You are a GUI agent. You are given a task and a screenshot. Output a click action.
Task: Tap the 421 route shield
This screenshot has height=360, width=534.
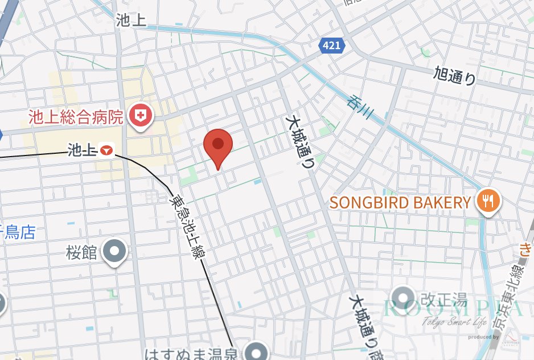click(332, 45)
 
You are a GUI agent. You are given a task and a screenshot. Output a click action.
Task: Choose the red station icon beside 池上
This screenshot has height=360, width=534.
click(107, 150)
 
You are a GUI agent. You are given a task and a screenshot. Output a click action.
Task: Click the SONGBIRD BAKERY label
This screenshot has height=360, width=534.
click(401, 202)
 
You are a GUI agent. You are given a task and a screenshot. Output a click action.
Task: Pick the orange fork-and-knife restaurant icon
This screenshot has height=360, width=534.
click(488, 201)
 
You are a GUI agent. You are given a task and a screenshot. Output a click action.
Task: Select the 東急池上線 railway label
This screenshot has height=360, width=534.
click(186, 228)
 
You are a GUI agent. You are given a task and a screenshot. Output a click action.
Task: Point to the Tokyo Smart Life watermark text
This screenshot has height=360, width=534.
click(454, 323)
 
